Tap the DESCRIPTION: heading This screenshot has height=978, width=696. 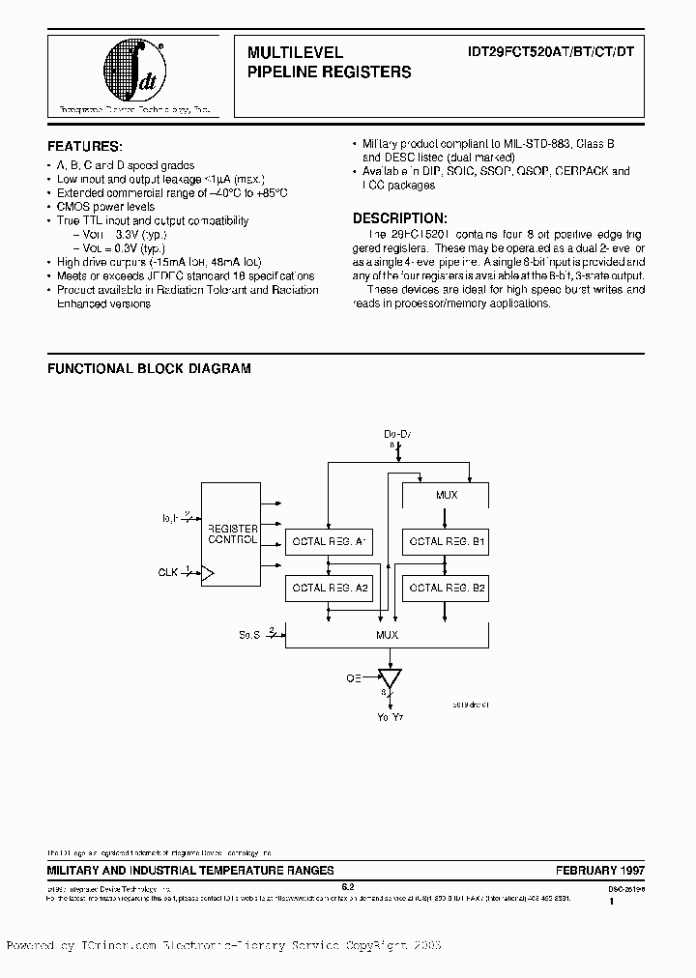[x=399, y=218]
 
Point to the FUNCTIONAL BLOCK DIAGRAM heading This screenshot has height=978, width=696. [x=149, y=368]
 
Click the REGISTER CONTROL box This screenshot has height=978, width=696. [x=232, y=534]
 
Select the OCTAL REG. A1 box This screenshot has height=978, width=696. [x=329, y=542]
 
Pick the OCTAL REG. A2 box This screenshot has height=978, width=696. [x=329, y=587]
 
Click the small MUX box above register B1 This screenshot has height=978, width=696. [x=446, y=495]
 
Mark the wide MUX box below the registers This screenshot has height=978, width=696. [x=387, y=635]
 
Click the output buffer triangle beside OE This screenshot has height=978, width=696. [x=391, y=676]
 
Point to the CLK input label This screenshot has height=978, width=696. [x=168, y=572]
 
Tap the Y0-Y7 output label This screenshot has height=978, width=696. [x=389, y=716]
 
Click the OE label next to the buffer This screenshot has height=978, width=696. [x=355, y=678]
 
